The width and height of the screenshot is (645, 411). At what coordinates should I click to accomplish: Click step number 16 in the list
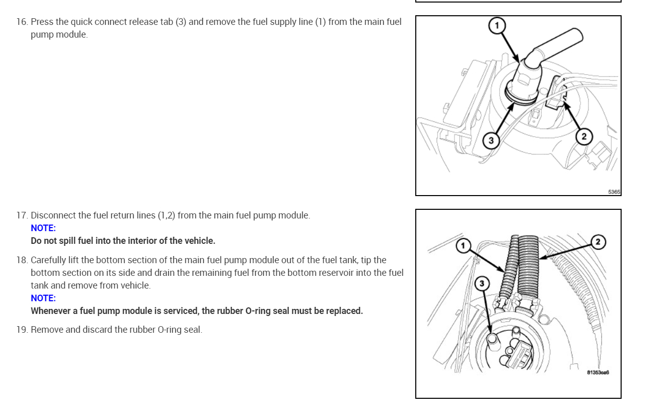[22, 22]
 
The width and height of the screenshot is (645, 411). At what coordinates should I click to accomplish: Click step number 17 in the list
[22, 215]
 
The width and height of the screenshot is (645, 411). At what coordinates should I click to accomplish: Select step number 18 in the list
[22, 261]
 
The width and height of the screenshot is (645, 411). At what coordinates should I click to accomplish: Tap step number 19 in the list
[22, 330]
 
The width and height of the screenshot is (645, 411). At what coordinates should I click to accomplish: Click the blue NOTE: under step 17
[43, 228]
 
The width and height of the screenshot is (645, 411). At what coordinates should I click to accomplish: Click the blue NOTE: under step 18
[43, 298]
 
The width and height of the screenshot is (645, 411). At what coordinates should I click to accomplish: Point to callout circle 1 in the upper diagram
[497, 25]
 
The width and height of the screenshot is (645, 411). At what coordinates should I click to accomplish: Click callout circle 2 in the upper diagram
[583, 137]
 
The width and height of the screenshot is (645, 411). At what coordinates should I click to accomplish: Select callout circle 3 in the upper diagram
[490, 141]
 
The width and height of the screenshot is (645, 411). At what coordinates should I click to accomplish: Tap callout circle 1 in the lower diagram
[463, 246]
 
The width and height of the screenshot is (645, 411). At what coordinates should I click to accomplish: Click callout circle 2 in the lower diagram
[598, 242]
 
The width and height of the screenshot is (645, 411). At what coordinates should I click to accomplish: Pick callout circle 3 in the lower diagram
[482, 283]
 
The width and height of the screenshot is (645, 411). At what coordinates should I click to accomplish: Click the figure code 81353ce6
[598, 372]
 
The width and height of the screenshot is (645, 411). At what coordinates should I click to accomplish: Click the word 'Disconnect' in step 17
[53, 215]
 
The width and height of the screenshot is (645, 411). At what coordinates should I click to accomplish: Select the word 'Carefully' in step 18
[48, 261]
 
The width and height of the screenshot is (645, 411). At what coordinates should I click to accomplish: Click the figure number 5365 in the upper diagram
[614, 192]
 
